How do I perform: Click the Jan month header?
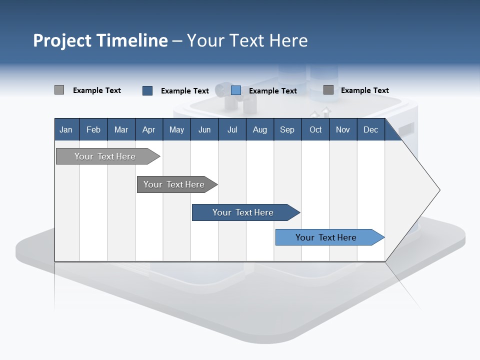click(66, 130)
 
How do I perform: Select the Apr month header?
click(148, 130)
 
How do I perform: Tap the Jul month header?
click(232, 130)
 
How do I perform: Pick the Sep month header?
click(287, 130)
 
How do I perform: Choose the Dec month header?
click(370, 130)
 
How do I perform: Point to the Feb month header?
click(93, 130)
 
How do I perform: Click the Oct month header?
click(315, 130)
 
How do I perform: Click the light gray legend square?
click(59, 90)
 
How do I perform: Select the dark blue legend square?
click(147, 90)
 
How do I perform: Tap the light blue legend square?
click(236, 90)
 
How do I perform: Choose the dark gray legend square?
click(328, 90)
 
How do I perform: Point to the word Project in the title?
click(62, 40)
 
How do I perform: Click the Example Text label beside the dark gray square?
click(364, 90)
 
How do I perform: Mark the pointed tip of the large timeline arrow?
click(439, 189)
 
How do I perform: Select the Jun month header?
click(204, 130)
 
